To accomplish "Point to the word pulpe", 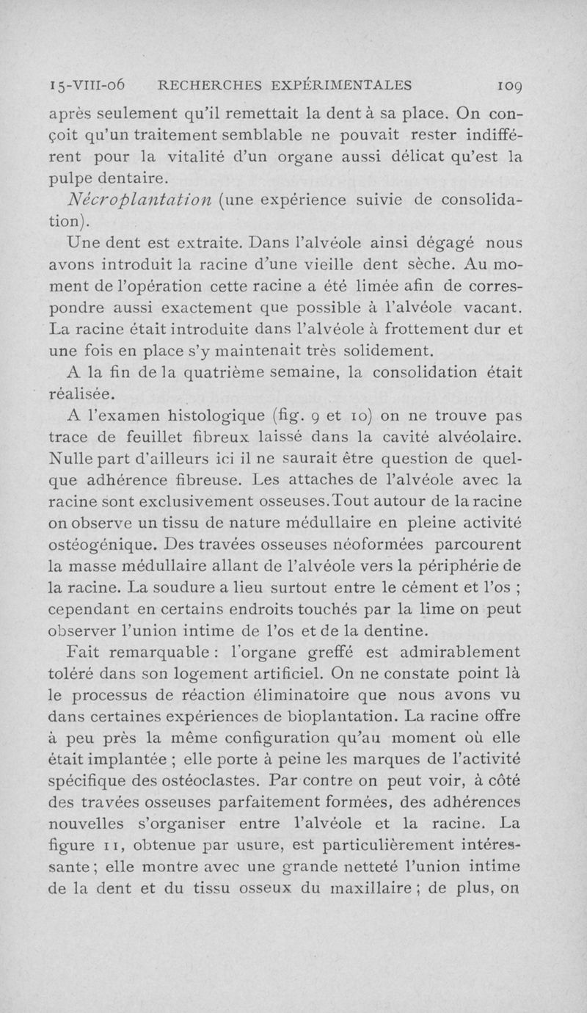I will point(72,178).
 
